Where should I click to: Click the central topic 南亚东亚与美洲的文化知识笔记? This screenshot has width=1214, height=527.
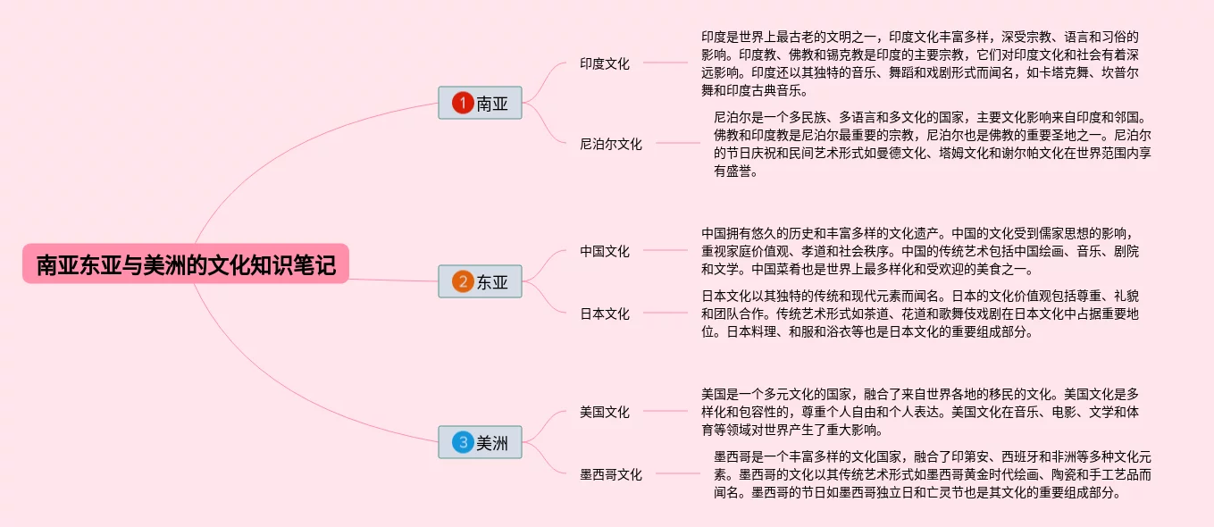click(x=186, y=264)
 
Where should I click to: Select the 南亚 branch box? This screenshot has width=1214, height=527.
click(x=480, y=104)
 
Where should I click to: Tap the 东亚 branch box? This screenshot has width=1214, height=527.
click(x=480, y=282)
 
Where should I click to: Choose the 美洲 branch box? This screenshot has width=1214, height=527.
click(x=480, y=442)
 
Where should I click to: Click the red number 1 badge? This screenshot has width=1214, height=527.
click(x=462, y=104)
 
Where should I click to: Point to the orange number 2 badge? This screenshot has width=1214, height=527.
click(x=462, y=282)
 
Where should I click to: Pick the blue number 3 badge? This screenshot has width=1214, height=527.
click(x=462, y=442)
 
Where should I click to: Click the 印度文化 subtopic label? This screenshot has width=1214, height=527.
click(x=604, y=63)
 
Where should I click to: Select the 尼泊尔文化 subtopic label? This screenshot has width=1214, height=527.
click(x=610, y=144)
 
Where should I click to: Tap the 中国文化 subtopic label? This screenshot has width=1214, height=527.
click(x=604, y=251)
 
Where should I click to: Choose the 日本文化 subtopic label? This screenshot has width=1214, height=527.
click(x=604, y=314)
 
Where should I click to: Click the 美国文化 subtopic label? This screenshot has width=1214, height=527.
click(x=604, y=412)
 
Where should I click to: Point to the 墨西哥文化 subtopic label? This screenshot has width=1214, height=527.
click(x=610, y=474)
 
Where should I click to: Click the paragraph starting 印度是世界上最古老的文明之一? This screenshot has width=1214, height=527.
click(x=921, y=63)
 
